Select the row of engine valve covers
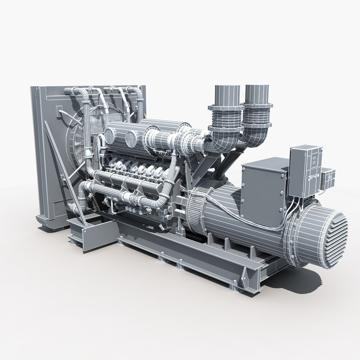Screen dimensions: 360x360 tap(140, 166)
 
